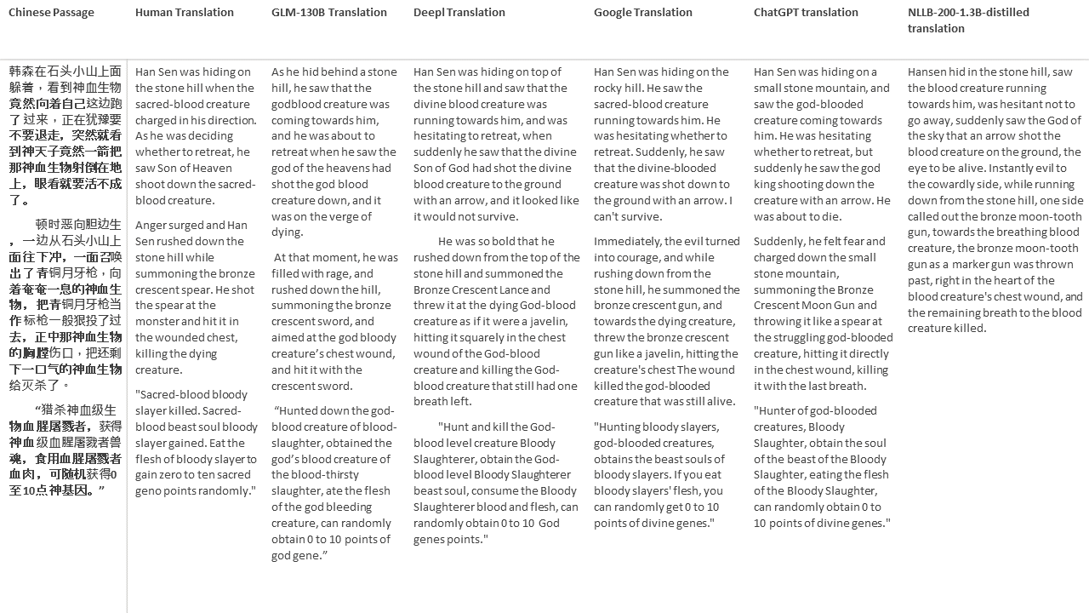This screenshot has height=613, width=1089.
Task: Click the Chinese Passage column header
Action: tap(51, 13)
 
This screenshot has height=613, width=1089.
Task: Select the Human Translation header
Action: tap(184, 13)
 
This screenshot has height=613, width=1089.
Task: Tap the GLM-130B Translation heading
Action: tap(328, 13)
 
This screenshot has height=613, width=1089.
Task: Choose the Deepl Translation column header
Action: tap(459, 13)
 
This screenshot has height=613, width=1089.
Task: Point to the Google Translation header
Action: tap(642, 13)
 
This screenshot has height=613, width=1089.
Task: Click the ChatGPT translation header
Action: tap(806, 13)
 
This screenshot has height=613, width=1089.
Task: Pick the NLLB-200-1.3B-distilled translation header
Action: tap(968, 20)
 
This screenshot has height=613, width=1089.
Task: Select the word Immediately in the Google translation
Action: tap(626, 242)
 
